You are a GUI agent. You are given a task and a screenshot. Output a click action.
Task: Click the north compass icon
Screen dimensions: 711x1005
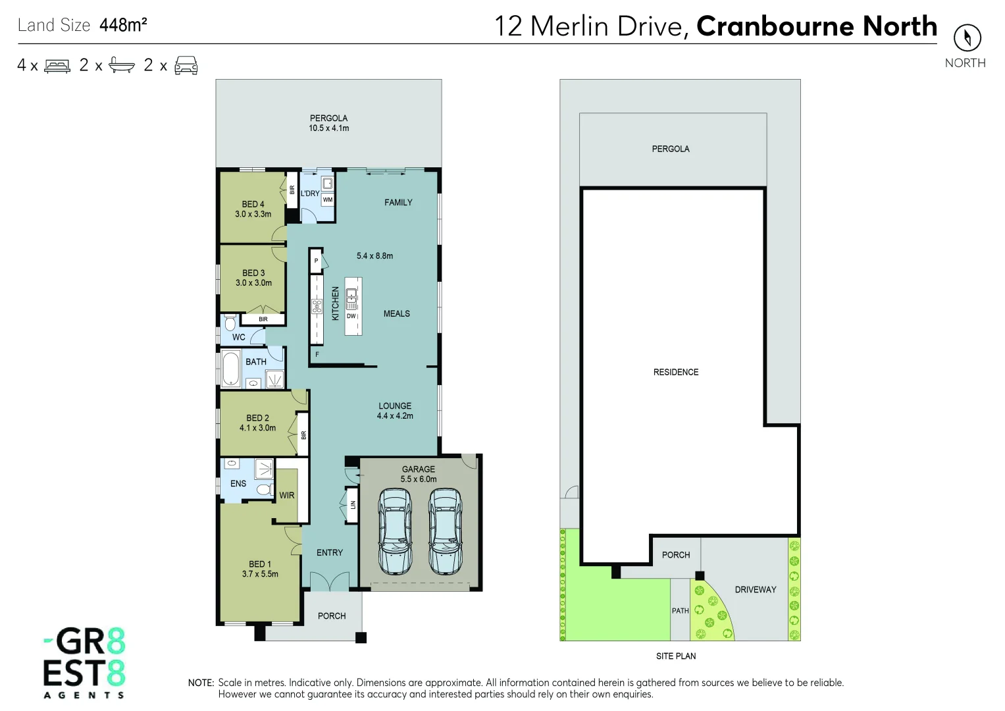[x=967, y=38]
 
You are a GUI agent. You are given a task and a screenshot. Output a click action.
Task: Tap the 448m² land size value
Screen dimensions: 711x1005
[x=123, y=25]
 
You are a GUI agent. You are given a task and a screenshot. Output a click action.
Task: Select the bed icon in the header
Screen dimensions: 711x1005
[x=57, y=66]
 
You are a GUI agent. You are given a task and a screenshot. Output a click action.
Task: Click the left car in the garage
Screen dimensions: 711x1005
[x=395, y=531]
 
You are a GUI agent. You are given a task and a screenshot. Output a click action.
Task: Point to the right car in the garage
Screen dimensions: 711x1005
[x=446, y=531]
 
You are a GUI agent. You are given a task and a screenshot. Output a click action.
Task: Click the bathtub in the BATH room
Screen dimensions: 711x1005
[x=231, y=369]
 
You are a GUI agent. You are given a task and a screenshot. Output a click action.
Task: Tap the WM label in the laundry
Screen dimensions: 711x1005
[x=328, y=200]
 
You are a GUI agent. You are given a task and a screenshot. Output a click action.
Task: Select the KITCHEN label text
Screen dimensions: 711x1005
[x=335, y=303]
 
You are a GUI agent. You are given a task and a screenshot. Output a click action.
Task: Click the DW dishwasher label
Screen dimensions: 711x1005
[x=351, y=316]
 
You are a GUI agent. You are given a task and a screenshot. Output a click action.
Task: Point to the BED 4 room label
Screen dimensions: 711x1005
[x=253, y=204]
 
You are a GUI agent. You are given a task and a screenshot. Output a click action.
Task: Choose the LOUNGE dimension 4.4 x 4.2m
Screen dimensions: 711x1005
[x=395, y=416]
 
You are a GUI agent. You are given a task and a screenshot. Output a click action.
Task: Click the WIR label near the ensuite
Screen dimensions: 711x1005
[x=287, y=496]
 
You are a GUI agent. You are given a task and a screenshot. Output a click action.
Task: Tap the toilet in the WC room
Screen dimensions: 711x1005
[x=230, y=323]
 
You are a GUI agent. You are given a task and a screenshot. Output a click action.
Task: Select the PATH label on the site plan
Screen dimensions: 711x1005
[x=680, y=611]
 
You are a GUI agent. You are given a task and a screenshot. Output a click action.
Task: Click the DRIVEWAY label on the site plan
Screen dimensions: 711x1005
[x=756, y=590]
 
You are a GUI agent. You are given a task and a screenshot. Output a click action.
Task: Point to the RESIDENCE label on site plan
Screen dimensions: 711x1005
[x=676, y=373]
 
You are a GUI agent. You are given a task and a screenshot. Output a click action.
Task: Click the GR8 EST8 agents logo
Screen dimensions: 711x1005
[x=84, y=662]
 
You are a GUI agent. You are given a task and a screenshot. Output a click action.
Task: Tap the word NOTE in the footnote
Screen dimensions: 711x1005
[x=201, y=683]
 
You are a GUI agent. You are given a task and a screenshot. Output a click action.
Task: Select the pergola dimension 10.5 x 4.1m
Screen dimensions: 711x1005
[x=329, y=128]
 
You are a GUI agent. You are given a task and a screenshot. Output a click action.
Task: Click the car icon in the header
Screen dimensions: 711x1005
[x=186, y=66]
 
